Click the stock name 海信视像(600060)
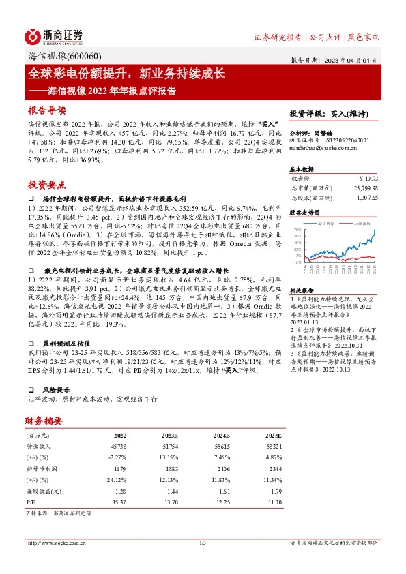(x=65, y=57)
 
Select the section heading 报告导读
(x=47, y=110)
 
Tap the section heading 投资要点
(x=47, y=184)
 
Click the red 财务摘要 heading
(x=44, y=420)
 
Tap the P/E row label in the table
(x=32, y=502)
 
